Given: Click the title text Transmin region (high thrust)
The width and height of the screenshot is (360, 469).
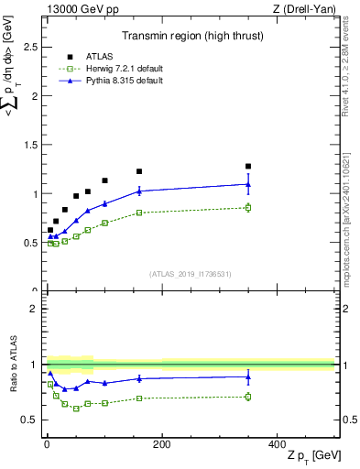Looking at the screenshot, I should [x=189, y=38].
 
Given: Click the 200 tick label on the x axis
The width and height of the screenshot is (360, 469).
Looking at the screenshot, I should [x=161, y=443].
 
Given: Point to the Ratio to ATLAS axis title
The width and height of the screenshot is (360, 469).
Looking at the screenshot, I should [x=12, y=364].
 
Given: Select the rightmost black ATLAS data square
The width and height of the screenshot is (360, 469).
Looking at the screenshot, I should [x=248, y=167].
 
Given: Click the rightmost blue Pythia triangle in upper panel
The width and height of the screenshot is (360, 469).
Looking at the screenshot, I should [x=248, y=184].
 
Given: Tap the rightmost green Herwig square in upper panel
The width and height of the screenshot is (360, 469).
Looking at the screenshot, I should [x=248, y=208].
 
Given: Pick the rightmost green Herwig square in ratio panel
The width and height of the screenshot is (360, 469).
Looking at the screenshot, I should [x=248, y=397].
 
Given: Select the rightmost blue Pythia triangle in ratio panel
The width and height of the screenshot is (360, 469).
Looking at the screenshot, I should [x=248, y=376].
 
